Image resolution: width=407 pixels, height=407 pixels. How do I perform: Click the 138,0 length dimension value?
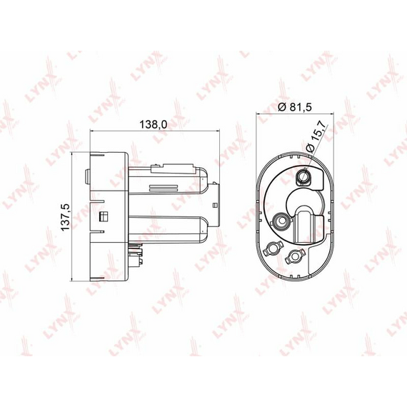(x=154, y=124)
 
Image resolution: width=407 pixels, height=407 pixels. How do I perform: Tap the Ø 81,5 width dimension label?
(x=294, y=106)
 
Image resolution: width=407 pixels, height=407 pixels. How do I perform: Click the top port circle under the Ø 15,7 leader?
(x=303, y=177)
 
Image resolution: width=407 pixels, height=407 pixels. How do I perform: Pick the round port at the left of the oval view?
(x=281, y=221)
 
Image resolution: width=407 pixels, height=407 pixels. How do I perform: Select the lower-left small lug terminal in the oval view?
(x=271, y=249)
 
